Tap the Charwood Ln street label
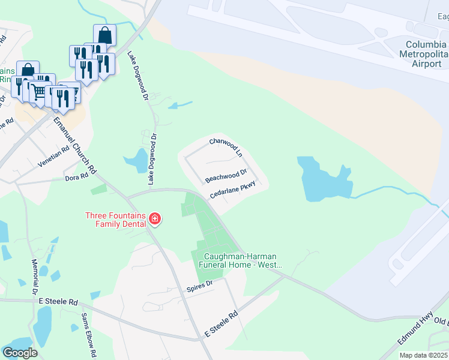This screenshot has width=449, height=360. pos(225,147)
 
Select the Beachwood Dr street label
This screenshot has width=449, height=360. pos(226,176)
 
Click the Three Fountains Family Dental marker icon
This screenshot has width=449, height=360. pos(155,219)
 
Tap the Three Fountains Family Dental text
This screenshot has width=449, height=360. pos(116,220)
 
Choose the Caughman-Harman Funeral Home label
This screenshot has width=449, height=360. pos(240,260)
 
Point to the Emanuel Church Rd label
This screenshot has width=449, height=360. pos(75,145)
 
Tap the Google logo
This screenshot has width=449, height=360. pos(20,352)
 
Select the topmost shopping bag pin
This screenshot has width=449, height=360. pos(104,35)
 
